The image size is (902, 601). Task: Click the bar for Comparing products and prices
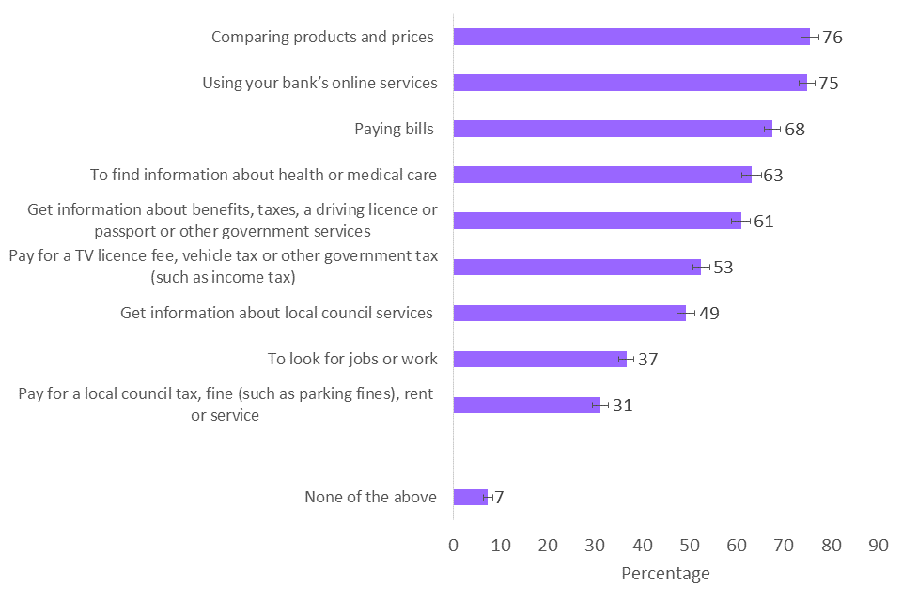coord(630,37)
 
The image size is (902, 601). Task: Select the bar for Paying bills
coord(611,129)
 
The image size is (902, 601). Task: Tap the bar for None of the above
coord(470,497)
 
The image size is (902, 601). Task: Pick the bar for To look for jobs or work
coord(539,359)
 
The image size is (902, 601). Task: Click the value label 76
coord(832,38)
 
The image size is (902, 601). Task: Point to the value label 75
coord(828,83)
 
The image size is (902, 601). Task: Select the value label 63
coord(773,175)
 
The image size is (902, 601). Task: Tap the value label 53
coord(723,267)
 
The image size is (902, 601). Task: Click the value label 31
coord(623,406)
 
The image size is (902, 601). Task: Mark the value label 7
coord(499,498)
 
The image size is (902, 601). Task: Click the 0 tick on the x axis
coord(454,545)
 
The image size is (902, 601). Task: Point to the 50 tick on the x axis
coord(690,545)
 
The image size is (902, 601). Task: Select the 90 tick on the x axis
coord(879,545)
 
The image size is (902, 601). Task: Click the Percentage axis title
coord(665,573)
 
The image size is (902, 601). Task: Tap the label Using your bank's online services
coord(319,83)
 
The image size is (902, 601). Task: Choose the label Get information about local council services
coord(277,313)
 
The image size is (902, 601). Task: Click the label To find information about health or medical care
coord(263,175)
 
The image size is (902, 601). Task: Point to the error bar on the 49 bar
coord(686,313)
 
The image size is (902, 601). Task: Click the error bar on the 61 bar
coord(741,221)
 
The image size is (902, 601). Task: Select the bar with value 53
coord(577,267)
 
